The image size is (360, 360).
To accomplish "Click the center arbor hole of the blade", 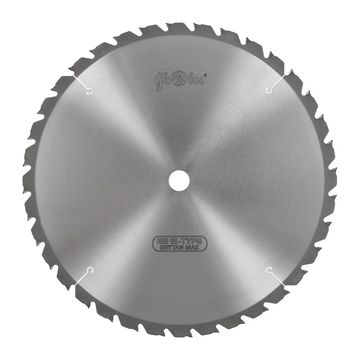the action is tap(179, 180).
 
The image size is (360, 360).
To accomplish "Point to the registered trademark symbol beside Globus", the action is tap(205, 75).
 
